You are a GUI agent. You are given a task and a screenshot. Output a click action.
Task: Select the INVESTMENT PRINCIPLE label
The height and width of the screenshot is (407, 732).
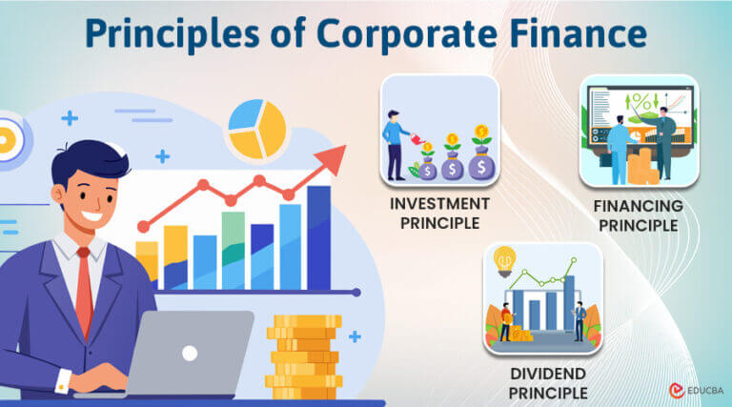coord(439,214)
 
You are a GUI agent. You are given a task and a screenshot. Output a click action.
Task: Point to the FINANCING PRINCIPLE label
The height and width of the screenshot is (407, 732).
coord(639,215)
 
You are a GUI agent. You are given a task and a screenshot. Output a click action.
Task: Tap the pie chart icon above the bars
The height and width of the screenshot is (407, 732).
coord(256,130)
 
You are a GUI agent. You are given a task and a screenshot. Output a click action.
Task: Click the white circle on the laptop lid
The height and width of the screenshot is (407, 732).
coord(190,353)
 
